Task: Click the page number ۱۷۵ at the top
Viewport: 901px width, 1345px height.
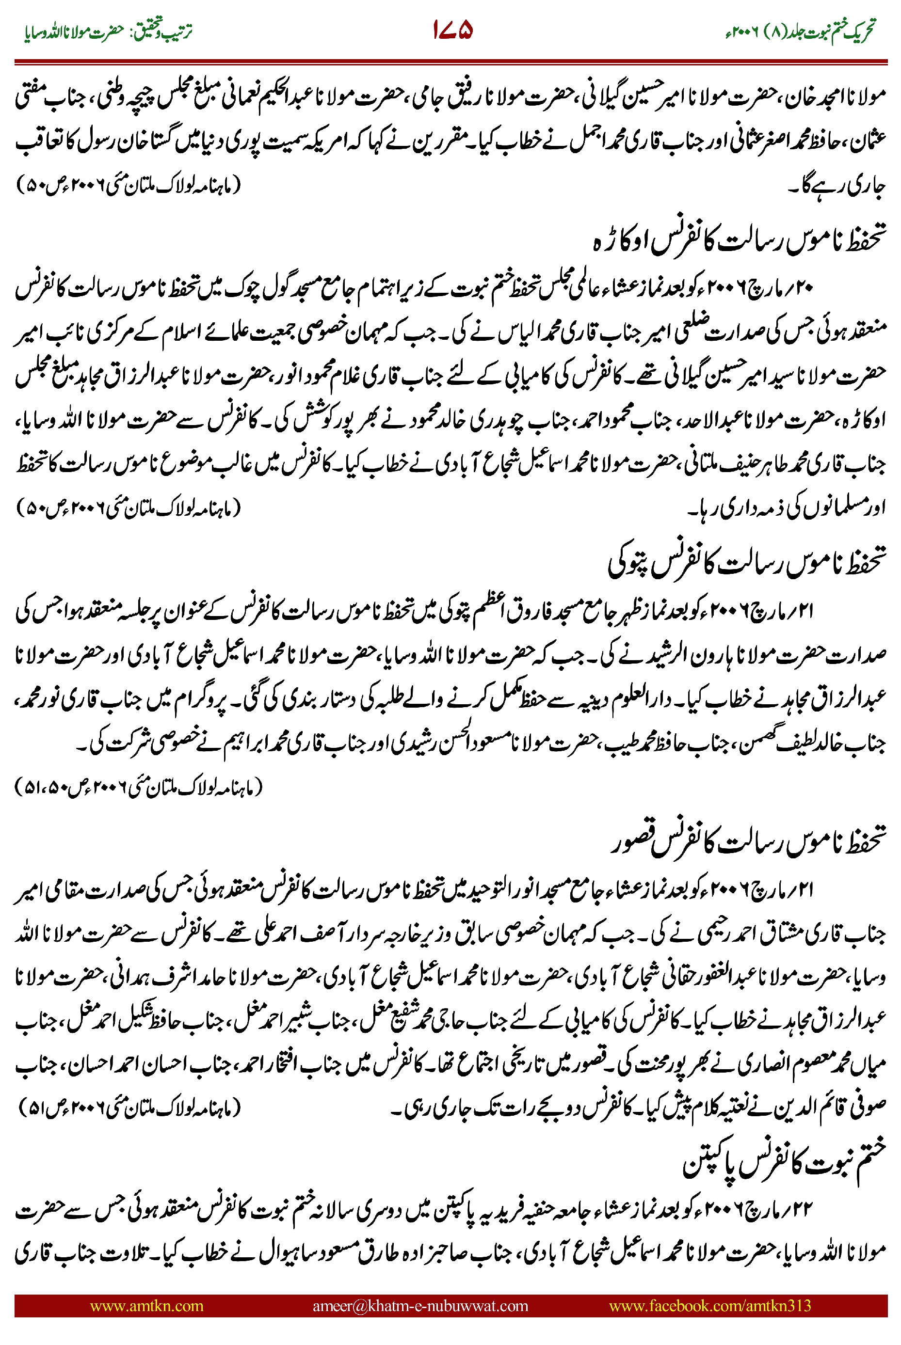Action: pos(452,30)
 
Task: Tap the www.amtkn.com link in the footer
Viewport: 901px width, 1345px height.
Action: pos(146,1305)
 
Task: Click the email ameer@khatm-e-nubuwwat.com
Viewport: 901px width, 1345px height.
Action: pos(420,1305)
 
